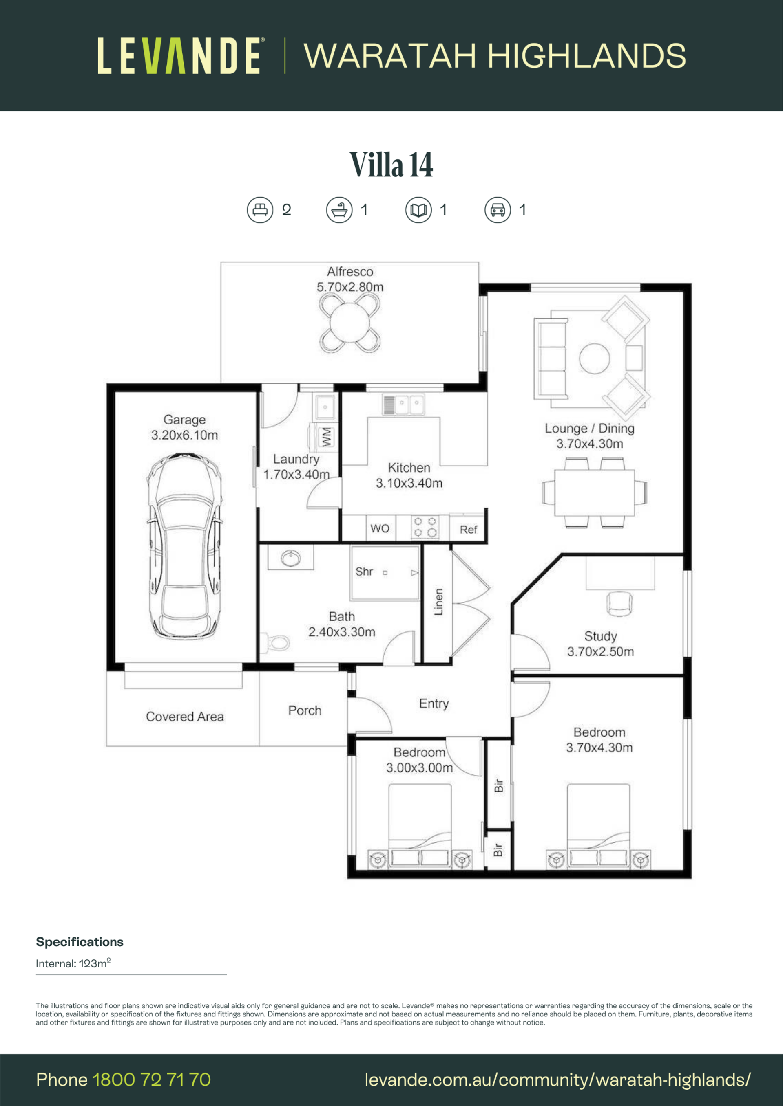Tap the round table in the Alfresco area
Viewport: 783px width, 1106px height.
pyautogui.click(x=349, y=323)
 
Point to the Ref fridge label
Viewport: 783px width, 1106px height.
pyautogui.click(x=468, y=530)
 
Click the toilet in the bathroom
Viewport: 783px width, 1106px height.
pyautogui.click(x=275, y=642)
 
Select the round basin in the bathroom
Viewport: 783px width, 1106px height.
pyautogui.click(x=291, y=558)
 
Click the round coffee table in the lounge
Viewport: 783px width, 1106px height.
pyautogui.click(x=594, y=358)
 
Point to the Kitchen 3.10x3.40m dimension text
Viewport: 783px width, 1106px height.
pyautogui.click(x=409, y=475)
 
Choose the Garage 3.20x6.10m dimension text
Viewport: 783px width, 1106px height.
pyautogui.click(x=184, y=427)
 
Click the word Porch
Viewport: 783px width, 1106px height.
pyautogui.click(x=305, y=710)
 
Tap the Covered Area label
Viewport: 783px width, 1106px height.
pyautogui.click(x=185, y=717)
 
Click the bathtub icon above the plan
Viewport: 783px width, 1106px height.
pyautogui.click(x=339, y=210)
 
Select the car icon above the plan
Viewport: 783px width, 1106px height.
pyautogui.click(x=498, y=210)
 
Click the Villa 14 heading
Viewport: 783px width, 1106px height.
pyautogui.click(x=391, y=164)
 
